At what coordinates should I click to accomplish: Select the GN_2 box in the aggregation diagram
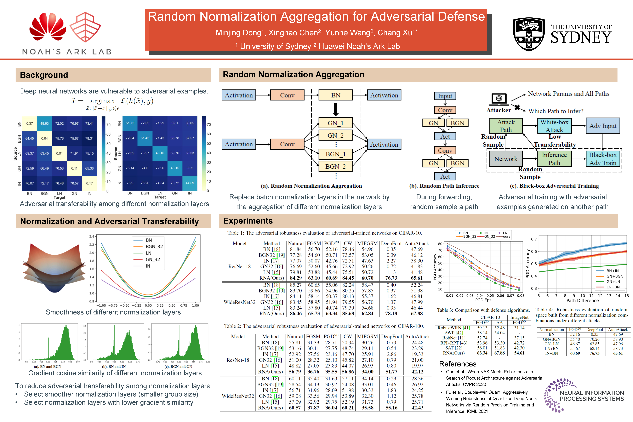335,135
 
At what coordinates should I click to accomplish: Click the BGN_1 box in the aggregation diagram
335,154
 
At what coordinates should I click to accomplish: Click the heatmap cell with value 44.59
190,183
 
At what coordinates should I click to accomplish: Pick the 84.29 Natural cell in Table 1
296,278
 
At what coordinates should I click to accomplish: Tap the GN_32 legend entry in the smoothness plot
153,260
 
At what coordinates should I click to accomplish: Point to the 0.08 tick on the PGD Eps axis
520,296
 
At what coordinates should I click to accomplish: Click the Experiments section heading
248,221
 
